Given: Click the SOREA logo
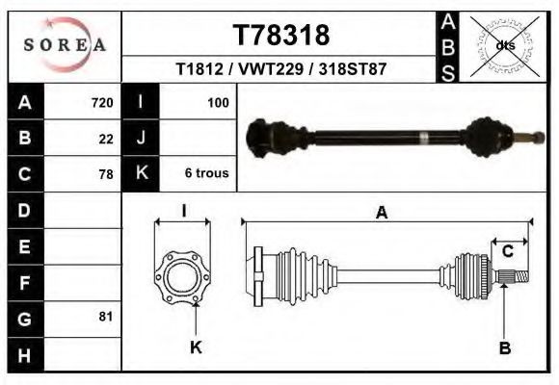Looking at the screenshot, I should click(x=66, y=45).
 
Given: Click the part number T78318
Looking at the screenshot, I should click(x=281, y=36).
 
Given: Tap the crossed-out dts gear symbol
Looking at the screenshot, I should click(x=504, y=45).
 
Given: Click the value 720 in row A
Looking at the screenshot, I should click(x=102, y=102).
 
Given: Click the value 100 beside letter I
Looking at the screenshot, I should click(x=218, y=102).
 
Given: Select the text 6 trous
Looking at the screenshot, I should click(x=206, y=174).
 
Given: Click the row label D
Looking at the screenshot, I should click(x=24, y=210).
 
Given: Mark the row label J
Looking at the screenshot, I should click(x=141, y=139).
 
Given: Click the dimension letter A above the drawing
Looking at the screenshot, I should click(x=382, y=214).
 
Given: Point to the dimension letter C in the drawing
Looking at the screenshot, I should click(x=507, y=252).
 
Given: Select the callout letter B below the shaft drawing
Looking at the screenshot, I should click(x=504, y=348).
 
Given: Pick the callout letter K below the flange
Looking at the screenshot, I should click(x=196, y=348).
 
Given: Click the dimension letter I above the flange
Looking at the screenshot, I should click(x=183, y=211).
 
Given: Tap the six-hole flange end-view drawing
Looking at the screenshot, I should click(x=183, y=277).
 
